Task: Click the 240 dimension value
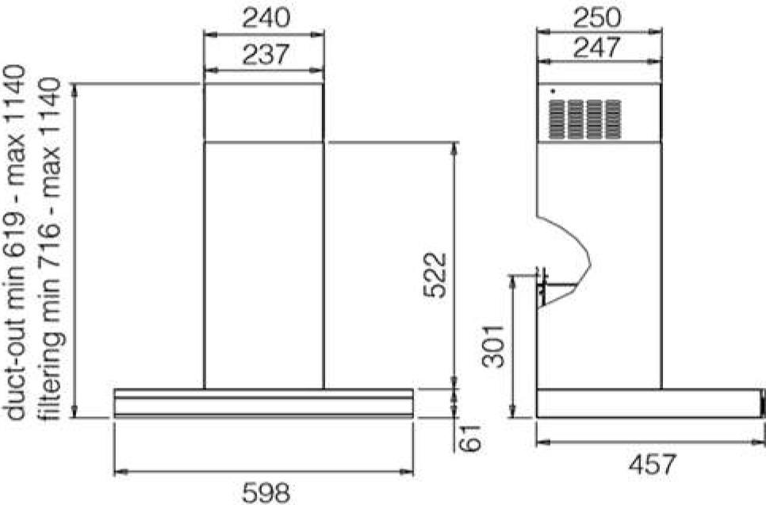click(266, 18)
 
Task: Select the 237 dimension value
click(266, 54)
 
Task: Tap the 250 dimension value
click(597, 18)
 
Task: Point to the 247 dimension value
click(597, 48)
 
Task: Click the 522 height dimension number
click(435, 274)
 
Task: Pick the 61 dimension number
click(470, 438)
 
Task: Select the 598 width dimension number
click(266, 492)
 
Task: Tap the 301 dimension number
click(492, 346)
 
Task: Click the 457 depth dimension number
click(653, 464)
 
